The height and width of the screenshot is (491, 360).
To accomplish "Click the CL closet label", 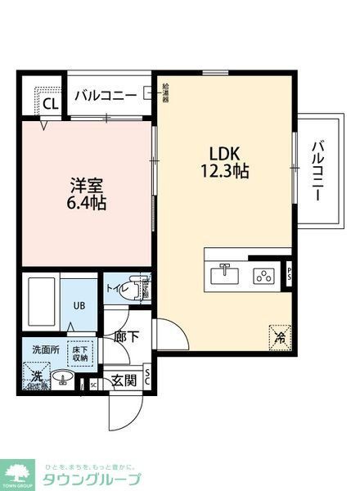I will (49, 103).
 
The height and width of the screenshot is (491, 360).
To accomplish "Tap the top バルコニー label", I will (106, 95).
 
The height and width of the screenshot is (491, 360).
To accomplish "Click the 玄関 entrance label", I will (124, 379).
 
